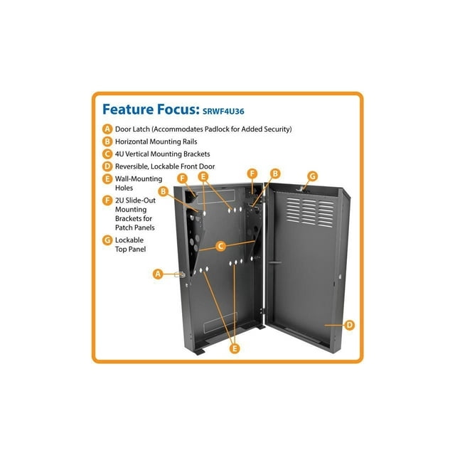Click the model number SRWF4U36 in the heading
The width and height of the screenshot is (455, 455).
(223, 111)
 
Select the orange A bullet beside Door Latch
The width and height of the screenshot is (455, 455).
(107, 129)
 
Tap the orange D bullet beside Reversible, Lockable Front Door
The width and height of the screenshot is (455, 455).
(107, 166)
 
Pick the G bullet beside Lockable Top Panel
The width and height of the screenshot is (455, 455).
(107, 240)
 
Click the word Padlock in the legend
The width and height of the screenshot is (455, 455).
(217, 129)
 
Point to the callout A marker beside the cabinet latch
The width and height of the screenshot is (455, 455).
(158, 274)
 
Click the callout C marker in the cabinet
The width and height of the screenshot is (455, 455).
(221, 246)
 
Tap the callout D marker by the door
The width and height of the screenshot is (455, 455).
(350, 325)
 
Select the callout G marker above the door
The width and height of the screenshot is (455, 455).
(313, 176)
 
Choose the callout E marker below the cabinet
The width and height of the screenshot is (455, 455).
(235, 348)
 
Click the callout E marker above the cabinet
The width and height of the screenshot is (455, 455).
(203, 176)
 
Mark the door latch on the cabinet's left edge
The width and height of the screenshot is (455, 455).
(180, 274)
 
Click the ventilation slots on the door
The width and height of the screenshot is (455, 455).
(310, 212)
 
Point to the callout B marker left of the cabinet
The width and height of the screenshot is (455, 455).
(164, 191)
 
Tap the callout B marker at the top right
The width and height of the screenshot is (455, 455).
(275, 173)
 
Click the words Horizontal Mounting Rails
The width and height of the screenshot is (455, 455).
(156, 141)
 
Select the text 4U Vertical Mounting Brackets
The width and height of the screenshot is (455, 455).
(163, 154)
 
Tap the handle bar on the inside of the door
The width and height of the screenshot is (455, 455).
(275, 262)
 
